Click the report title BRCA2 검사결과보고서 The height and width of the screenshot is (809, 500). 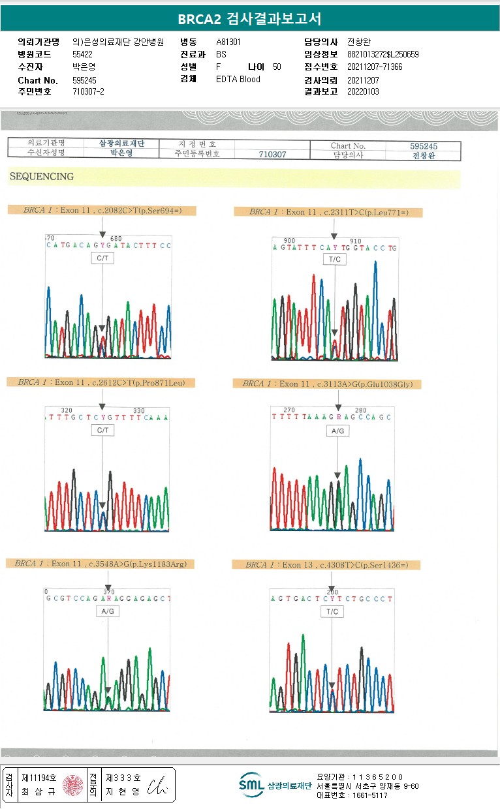tap(249, 19)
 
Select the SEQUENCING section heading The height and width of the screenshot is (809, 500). tap(42, 177)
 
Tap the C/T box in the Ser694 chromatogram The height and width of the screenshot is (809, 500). tap(102, 258)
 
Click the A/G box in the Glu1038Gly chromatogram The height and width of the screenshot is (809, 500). tap(337, 431)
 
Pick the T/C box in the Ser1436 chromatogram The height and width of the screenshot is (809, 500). tap(332, 611)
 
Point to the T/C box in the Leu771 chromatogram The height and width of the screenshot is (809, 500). tap(334, 260)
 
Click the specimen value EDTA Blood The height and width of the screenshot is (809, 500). tap(238, 80)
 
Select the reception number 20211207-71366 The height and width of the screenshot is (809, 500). tap(375, 67)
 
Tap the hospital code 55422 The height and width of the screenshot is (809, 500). tap(83, 55)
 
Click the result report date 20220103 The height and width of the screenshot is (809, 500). tap(363, 92)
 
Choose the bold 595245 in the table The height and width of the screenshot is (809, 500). tap(424, 146)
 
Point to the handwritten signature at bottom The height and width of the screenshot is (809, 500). tap(158, 785)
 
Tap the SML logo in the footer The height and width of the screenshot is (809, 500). tap(251, 785)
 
